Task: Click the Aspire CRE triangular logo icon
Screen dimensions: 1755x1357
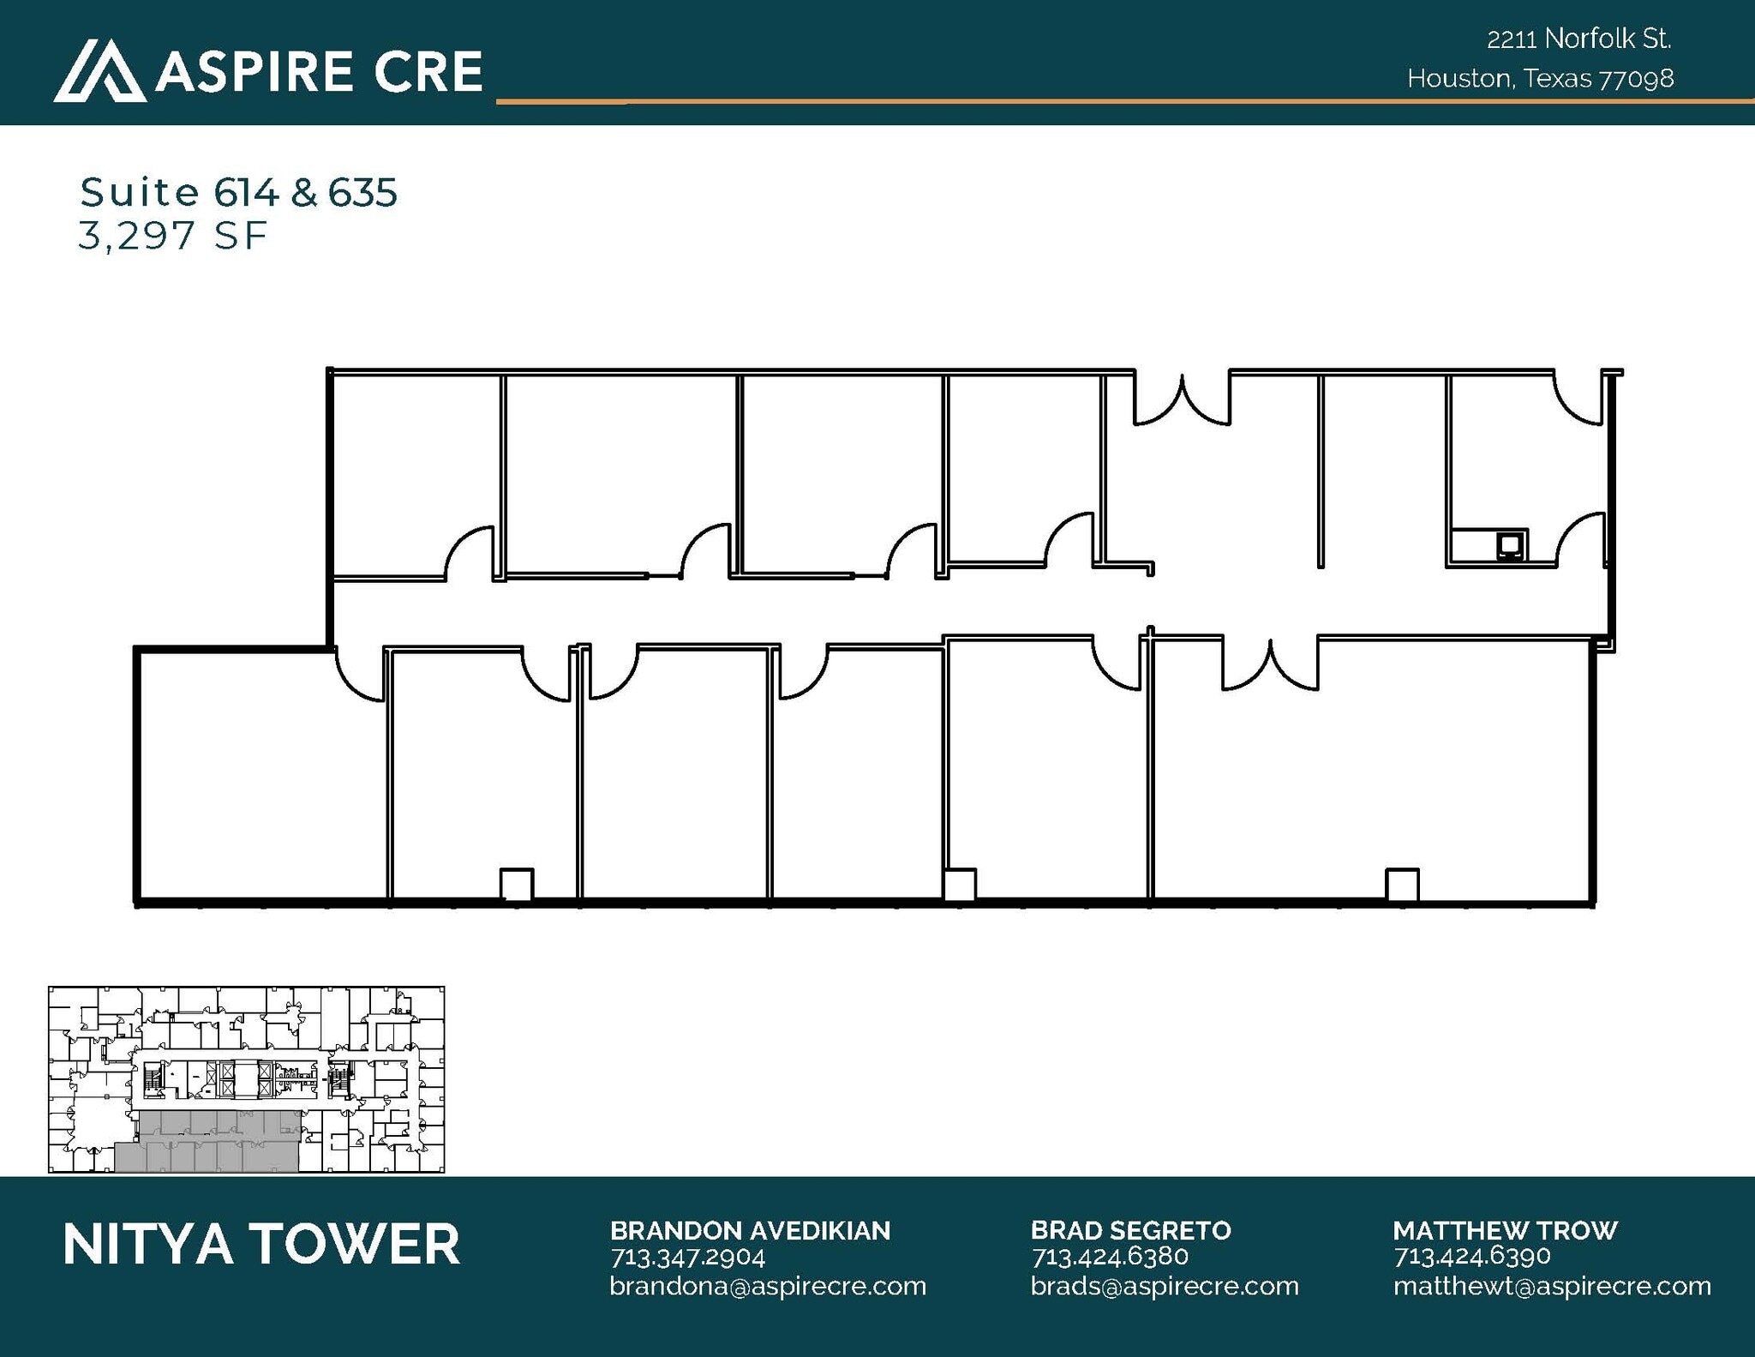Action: pyautogui.click(x=99, y=71)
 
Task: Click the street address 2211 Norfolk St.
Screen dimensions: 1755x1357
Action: pyautogui.click(x=1578, y=39)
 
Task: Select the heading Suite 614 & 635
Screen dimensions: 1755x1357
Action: pyautogui.click(x=238, y=192)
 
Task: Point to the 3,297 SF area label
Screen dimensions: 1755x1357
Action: pyautogui.click(x=173, y=236)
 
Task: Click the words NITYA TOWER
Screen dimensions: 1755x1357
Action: pyautogui.click(x=261, y=1245)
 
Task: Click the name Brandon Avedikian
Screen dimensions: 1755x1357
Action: pyautogui.click(x=750, y=1230)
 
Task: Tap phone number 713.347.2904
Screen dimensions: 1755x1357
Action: pyautogui.click(x=687, y=1257)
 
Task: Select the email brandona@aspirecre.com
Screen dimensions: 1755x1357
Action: pyautogui.click(x=768, y=1286)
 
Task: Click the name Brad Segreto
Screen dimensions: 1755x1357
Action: pyautogui.click(x=1130, y=1230)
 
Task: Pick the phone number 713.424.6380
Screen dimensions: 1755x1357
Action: pyautogui.click(x=1110, y=1257)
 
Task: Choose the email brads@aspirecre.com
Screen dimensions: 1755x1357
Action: pyautogui.click(x=1165, y=1286)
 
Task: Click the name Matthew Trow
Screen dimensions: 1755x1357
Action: pyautogui.click(x=1505, y=1230)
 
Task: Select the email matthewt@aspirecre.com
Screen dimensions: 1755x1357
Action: pyautogui.click(x=1552, y=1286)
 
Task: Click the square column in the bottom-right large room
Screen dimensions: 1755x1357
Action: pyautogui.click(x=1402, y=885)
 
